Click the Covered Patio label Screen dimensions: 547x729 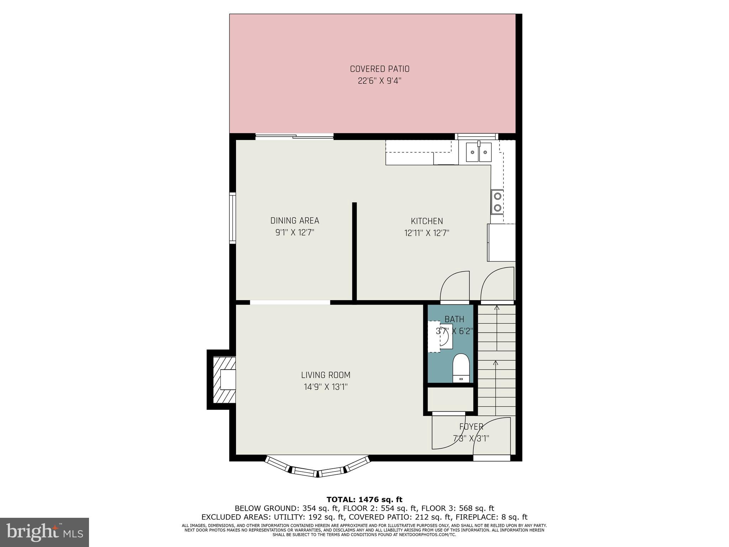[379, 69]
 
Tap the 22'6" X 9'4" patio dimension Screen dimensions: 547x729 [379, 81]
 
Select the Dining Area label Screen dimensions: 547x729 [295, 220]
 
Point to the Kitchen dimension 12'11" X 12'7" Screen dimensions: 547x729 [427, 233]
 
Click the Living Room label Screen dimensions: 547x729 [326, 375]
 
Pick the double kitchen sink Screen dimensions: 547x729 [478, 152]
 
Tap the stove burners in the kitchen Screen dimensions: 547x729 [497, 202]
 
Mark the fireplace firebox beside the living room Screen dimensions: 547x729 [227, 380]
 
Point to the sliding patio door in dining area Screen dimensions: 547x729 [294, 136]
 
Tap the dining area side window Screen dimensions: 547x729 [232, 218]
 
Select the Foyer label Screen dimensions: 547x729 [471, 427]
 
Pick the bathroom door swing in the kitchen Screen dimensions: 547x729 [455, 287]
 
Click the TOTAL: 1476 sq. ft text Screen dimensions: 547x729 [364, 500]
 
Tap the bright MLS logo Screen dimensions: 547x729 [44, 532]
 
